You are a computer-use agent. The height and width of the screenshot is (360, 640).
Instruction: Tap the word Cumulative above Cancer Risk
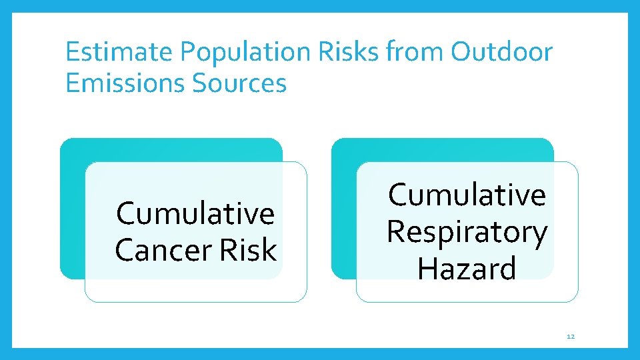pos(195,214)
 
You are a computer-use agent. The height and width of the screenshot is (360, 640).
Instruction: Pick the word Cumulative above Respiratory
pos(467,195)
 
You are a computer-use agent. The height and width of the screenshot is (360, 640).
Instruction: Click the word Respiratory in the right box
pos(467,232)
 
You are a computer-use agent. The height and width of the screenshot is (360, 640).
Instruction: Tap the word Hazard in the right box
pos(467,269)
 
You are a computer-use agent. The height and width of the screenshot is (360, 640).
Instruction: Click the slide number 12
pos(570,337)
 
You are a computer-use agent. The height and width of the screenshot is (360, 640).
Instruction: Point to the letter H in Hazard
pos(427,269)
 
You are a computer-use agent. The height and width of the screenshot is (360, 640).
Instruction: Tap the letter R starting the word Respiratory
pos(396,232)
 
